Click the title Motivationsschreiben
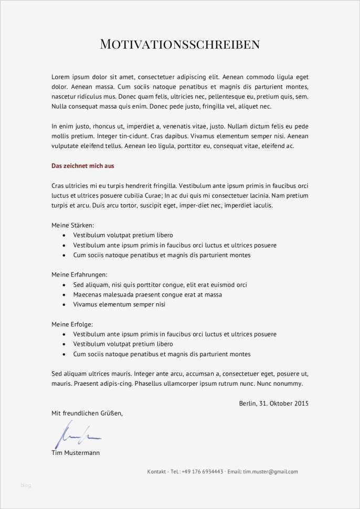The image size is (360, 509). [180, 44]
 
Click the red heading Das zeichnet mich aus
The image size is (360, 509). [83, 166]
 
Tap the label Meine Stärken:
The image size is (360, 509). [72, 225]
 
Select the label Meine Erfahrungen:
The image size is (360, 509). [79, 274]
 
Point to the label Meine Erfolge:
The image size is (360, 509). [72, 324]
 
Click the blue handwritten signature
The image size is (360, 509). [76, 434]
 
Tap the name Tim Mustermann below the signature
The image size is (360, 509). [76, 452]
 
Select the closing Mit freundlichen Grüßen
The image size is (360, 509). [87, 413]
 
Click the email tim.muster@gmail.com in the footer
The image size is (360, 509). [270, 472]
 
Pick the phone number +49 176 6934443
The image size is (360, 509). [203, 472]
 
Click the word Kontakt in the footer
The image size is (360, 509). [157, 472]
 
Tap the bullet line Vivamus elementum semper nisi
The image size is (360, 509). [119, 304]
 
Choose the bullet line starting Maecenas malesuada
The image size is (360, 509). [147, 294]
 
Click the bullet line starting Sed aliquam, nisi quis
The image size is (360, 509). [160, 284]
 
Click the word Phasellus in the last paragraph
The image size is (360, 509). [150, 384]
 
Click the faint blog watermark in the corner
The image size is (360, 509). [26, 485]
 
